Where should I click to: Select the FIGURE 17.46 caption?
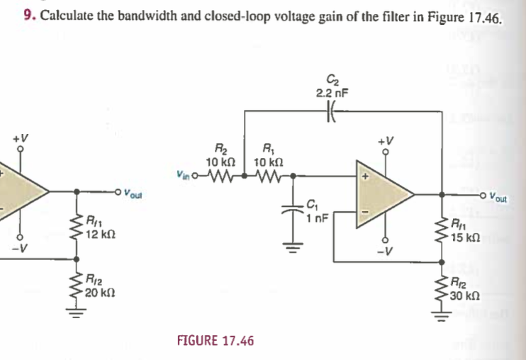coord(215,341)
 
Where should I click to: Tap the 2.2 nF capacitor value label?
coord(331,93)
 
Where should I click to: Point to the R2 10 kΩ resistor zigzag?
coord(216,174)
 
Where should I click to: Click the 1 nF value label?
coord(317,218)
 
